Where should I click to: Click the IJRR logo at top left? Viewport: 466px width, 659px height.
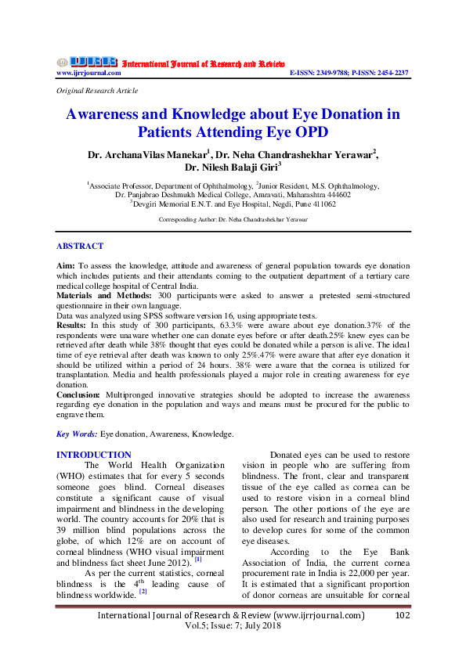coord(86,62)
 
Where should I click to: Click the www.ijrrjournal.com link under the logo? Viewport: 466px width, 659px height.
coord(89,73)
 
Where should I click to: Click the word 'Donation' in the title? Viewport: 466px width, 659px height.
coord(338,114)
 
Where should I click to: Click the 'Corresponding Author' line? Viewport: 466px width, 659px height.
coord(233,220)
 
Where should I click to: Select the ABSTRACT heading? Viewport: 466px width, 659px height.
coord(80,246)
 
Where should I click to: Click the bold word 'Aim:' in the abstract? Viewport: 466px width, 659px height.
coord(67,267)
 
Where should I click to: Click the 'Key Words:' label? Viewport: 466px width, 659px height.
coord(78,433)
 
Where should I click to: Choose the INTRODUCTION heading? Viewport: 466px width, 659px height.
coord(94,455)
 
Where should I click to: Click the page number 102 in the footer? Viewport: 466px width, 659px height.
coord(403,615)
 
